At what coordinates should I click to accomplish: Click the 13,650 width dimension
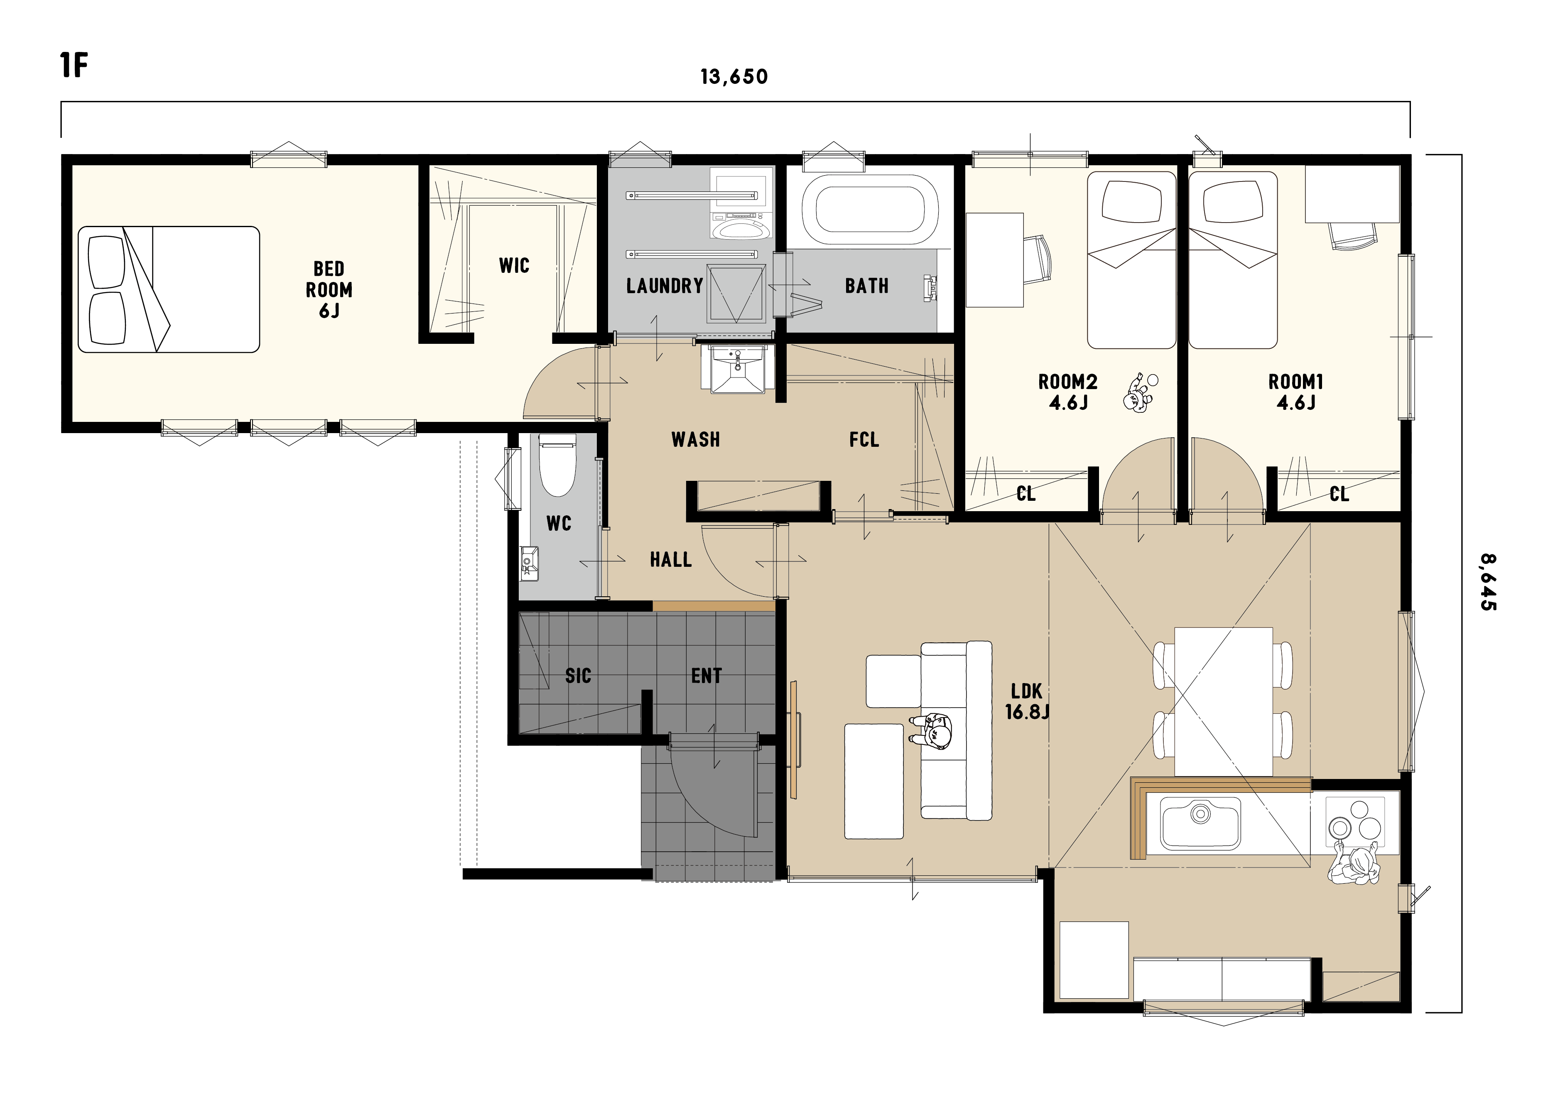click(x=734, y=77)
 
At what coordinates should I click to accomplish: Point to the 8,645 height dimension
click(x=1488, y=583)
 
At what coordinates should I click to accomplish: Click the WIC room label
click(x=514, y=266)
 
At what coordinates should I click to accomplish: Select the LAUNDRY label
click(x=665, y=286)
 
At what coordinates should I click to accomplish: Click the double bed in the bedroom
click(x=169, y=289)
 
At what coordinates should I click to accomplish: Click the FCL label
click(x=864, y=440)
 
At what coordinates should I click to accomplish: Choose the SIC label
click(x=578, y=676)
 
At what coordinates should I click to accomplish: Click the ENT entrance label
click(x=706, y=676)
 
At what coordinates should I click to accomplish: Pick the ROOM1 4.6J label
click(x=1296, y=392)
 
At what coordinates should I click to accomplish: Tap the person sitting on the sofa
click(x=932, y=730)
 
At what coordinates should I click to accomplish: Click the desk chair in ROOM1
click(x=1352, y=235)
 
